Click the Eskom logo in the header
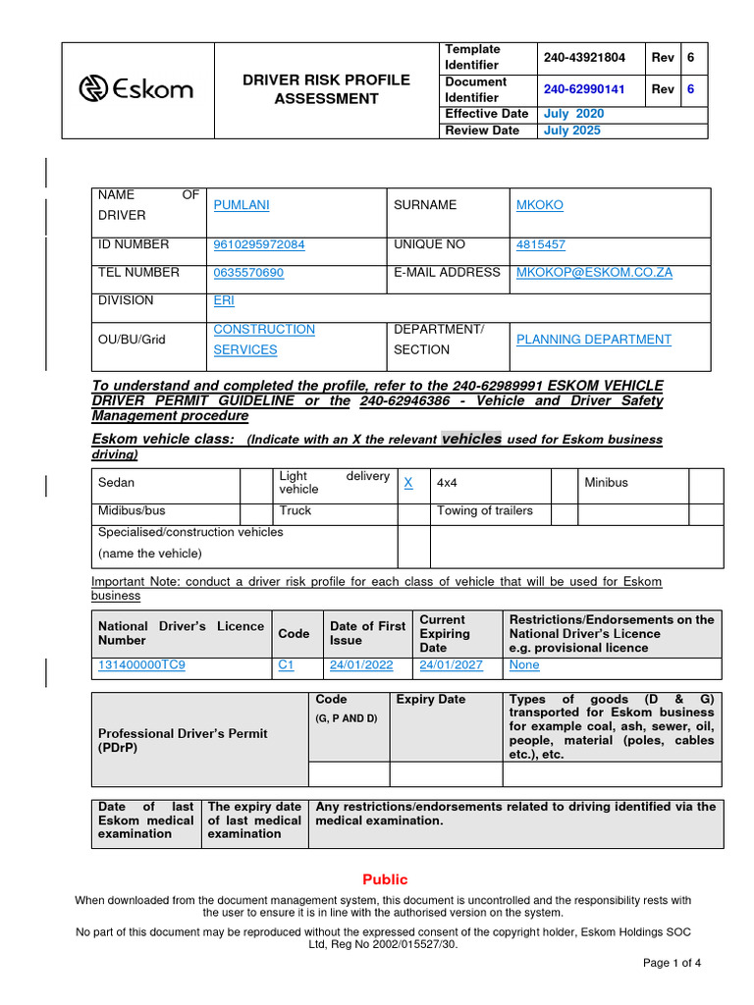coord(136,90)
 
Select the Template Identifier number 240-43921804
coord(584,58)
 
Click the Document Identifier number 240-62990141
coord(584,89)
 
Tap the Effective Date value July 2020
coord(574,114)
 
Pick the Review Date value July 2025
coord(572,131)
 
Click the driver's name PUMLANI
coord(242,205)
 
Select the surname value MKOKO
coord(540,205)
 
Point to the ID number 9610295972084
coord(259,245)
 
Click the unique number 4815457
coord(541,245)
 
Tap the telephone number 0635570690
coord(248,273)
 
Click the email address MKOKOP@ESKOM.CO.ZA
coord(594,273)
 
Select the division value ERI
coord(224,301)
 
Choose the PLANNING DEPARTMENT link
coord(594,340)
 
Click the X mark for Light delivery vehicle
coord(408,483)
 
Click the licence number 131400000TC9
coord(141,665)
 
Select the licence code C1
coord(287,665)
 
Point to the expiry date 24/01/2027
coord(451,665)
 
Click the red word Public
coord(385,879)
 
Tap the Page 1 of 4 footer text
coord(672,963)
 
